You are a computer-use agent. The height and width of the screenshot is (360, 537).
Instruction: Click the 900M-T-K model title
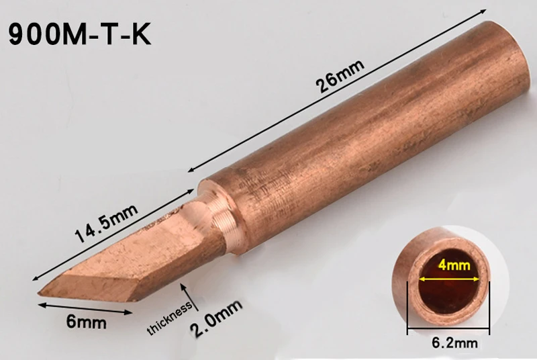tap(79, 34)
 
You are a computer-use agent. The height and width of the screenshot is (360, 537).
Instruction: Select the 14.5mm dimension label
tap(107, 223)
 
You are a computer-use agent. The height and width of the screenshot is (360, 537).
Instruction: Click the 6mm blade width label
tap(87, 322)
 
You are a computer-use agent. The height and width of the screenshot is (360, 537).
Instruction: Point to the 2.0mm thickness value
tap(216, 318)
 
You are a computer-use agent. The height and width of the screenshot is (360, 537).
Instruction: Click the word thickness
tap(169, 318)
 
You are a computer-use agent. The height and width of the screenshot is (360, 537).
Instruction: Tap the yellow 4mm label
tap(454, 265)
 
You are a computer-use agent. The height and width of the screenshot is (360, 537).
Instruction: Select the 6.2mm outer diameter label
tap(454, 343)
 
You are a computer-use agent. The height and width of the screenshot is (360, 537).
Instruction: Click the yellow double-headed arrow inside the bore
tap(449, 279)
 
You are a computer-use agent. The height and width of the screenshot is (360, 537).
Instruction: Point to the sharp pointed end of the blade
tap(38, 293)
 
